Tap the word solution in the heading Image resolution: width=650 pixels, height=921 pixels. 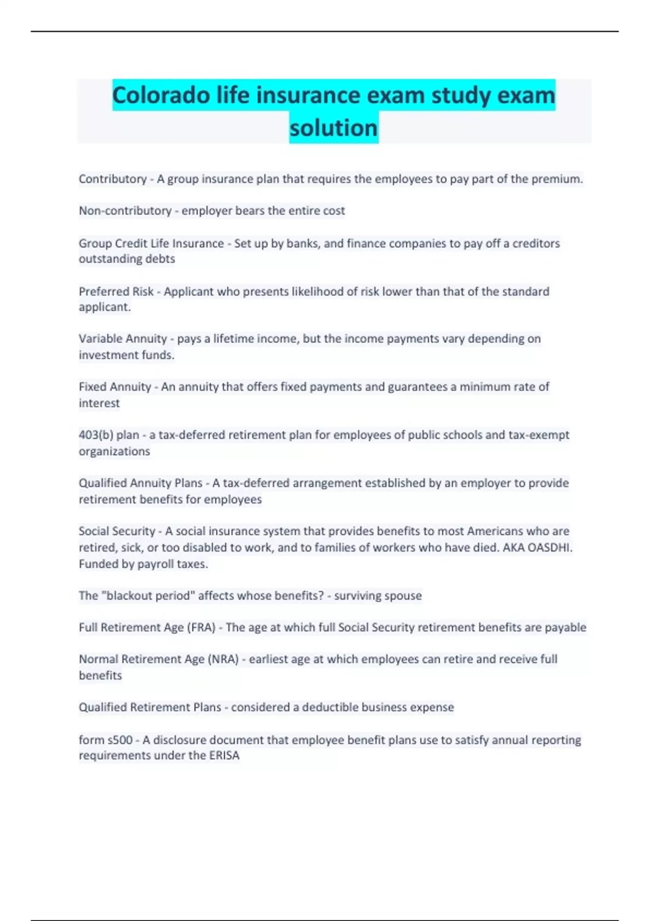click(334, 128)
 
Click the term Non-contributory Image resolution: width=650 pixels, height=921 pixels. click(125, 211)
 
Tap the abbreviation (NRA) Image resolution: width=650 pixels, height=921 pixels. click(224, 659)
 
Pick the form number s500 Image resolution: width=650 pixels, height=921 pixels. click(119, 740)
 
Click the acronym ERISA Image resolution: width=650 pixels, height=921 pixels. click(224, 755)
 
